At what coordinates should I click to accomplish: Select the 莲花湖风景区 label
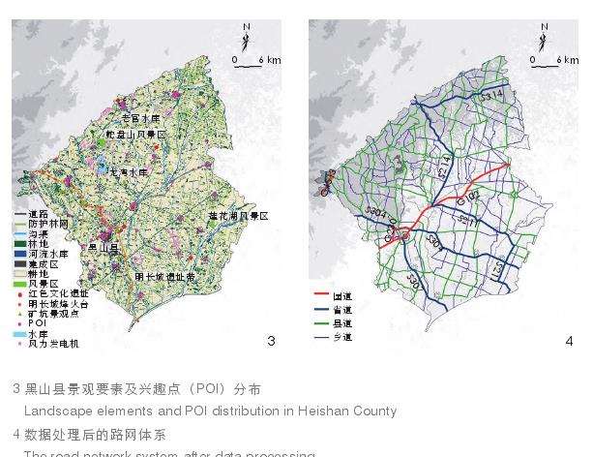click(x=238, y=215)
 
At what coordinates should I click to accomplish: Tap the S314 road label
click(x=492, y=98)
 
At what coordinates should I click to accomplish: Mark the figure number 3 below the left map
click(x=271, y=341)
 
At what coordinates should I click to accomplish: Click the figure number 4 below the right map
click(x=569, y=341)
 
